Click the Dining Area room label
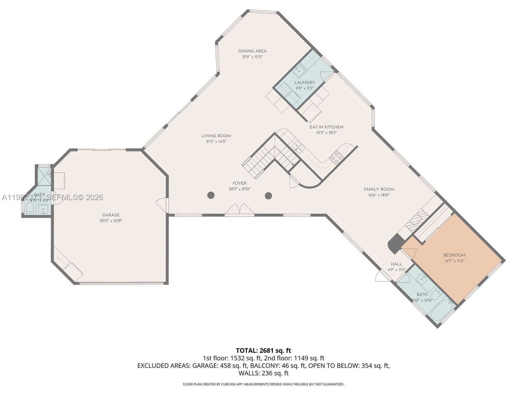tap(252, 51)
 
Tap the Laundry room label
tap(304, 83)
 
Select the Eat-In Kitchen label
tap(326, 127)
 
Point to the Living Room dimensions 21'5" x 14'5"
tap(216, 142)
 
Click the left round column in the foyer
tap(211, 195)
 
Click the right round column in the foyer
tap(268, 196)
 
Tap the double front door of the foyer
tap(239, 210)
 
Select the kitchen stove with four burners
tap(336, 158)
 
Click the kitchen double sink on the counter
tap(298, 147)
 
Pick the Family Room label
tap(379, 189)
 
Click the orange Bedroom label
tap(454, 255)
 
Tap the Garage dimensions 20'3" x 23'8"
tap(111, 221)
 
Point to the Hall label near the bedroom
tap(397, 264)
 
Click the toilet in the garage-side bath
tap(30, 208)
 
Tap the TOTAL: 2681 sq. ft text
tap(263, 351)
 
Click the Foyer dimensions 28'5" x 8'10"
tap(239, 189)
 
